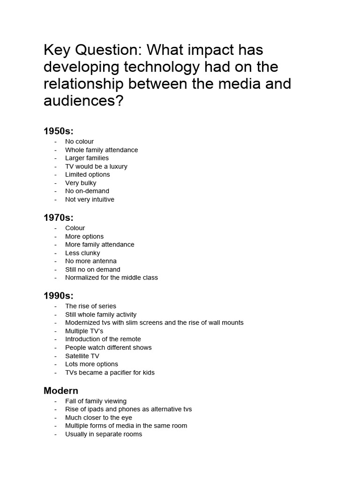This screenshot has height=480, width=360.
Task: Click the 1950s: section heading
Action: click(x=59, y=131)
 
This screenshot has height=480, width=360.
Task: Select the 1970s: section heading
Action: click(x=59, y=217)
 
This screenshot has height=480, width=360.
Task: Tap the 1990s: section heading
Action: click(x=59, y=295)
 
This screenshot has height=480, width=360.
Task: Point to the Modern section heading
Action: click(x=61, y=390)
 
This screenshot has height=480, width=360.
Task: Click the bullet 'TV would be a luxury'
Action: click(x=96, y=166)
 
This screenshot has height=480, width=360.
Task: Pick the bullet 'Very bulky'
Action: click(x=81, y=183)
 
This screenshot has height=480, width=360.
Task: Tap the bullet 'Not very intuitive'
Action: click(x=90, y=199)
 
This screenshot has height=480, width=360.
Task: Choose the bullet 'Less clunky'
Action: click(x=82, y=253)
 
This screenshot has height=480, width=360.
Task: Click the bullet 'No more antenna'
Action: click(x=91, y=261)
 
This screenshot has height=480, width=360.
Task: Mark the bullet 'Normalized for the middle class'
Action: click(x=112, y=277)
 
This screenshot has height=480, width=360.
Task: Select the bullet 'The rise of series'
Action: click(x=90, y=306)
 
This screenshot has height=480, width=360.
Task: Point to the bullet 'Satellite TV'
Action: click(x=82, y=356)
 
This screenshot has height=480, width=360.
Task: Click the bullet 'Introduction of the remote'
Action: click(x=103, y=339)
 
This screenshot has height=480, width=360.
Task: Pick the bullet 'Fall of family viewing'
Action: click(x=96, y=401)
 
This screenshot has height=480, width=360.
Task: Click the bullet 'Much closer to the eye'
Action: click(x=98, y=418)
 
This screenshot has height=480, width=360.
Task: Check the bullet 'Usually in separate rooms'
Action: click(x=104, y=434)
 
